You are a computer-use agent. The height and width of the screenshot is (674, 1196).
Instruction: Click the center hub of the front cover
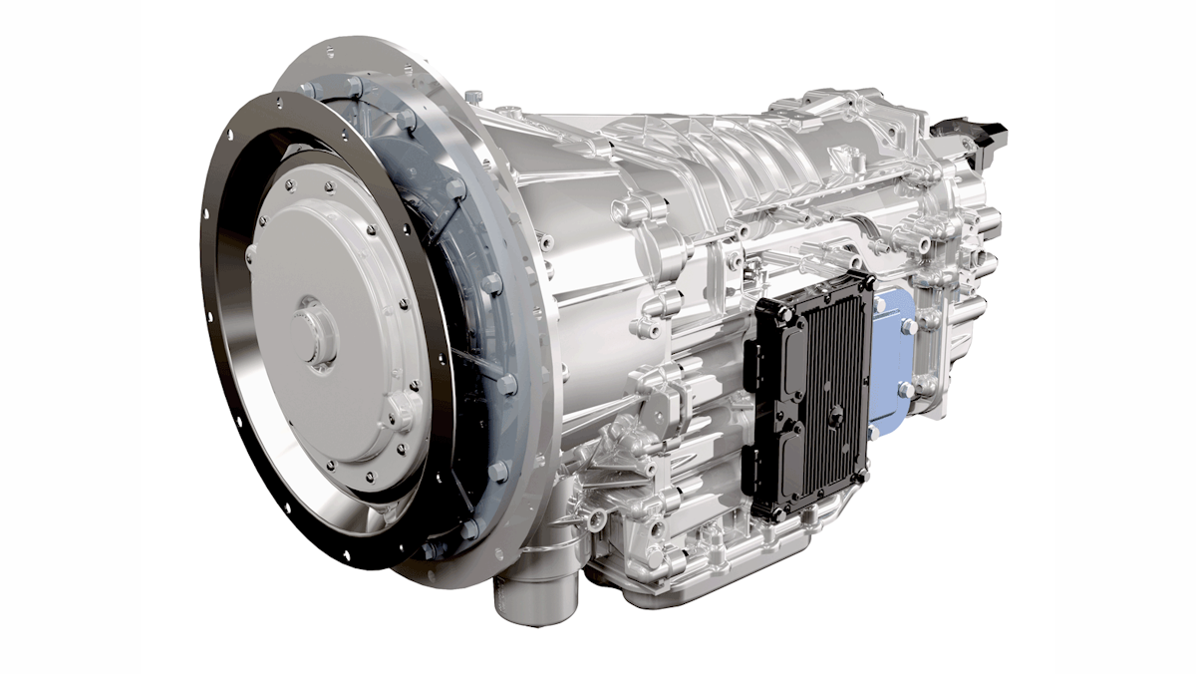click(x=317, y=334)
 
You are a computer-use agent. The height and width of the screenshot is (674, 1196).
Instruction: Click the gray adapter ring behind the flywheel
click(x=478, y=299)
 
